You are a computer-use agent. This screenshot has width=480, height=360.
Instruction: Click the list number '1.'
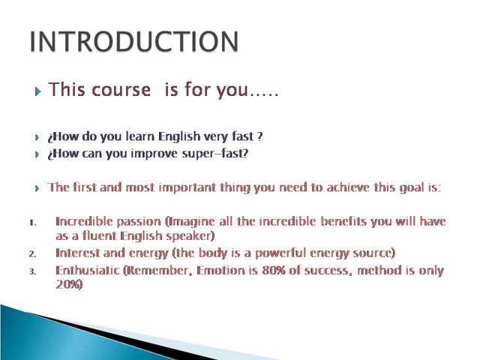32,223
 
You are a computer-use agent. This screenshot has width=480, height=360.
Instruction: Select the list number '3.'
32,271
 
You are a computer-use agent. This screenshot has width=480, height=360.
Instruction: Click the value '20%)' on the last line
69,285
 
